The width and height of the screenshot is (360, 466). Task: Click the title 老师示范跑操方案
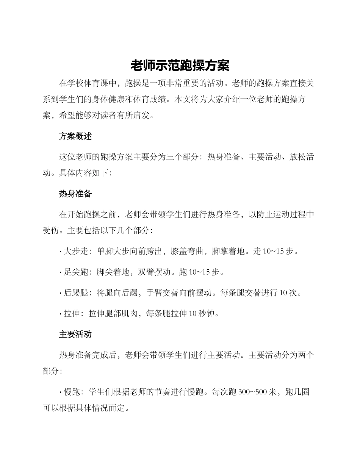pyautogui.click(x=180, y=66)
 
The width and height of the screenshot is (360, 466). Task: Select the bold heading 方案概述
pyautogui.click(x=75, y=136)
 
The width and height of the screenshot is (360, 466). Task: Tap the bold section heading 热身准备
pyautogui.click(x=75, y=194)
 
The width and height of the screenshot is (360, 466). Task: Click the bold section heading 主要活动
pyautogui.click(x=75, y=335)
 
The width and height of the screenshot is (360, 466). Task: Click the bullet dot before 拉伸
pyautogui.click(x=61, y=314)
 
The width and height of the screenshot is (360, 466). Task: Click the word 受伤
pyautogui.click(x=51, y=230)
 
